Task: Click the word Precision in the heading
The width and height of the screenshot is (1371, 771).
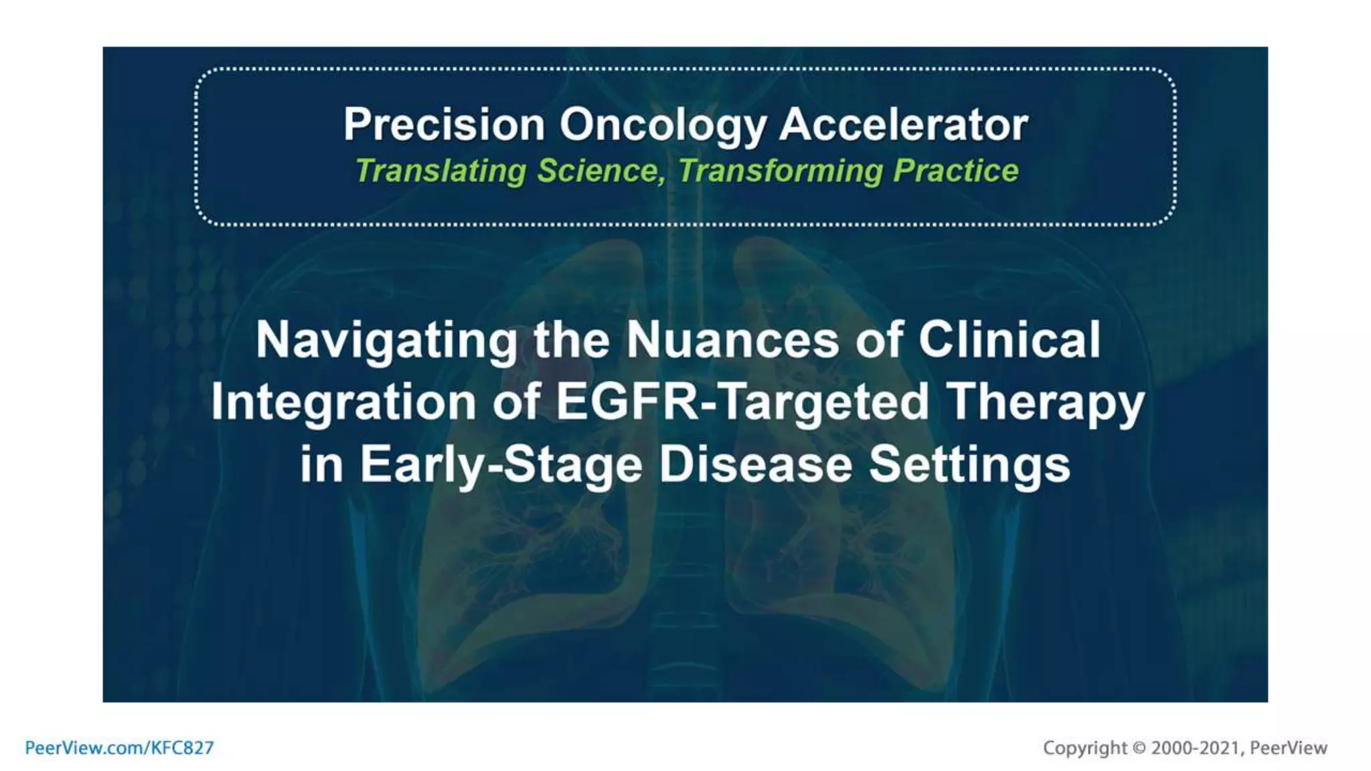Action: [x=444, y=124]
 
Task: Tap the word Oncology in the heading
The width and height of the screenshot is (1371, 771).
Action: [x=662, y=126]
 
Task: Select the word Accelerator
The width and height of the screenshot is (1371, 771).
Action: [x=903, y=124]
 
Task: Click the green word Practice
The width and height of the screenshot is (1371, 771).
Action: [x=955, y=170]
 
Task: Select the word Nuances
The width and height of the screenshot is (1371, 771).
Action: [x=732, y=340]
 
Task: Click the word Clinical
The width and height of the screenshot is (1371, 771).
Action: [x=1009, y=339]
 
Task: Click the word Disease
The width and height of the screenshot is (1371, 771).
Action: [x=755, y=464]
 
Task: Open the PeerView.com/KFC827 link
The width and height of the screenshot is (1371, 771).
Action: [x=119, y=748]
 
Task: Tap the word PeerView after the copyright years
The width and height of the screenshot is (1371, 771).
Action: [x=1288, y=748]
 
